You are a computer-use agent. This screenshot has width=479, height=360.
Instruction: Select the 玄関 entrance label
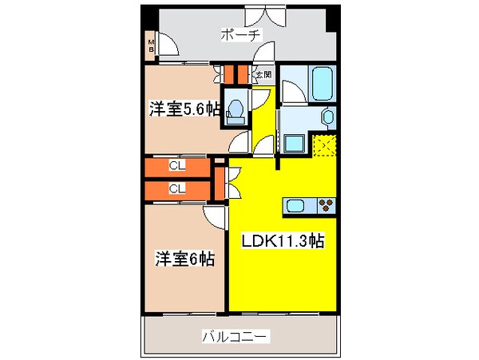point(263,75)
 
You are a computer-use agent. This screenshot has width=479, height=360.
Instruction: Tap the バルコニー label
point(235,336)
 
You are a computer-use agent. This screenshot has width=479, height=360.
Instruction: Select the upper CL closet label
point(177,167)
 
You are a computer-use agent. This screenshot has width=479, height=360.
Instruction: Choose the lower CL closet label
point(177,189)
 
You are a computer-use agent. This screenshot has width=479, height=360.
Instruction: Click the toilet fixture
point(236,112)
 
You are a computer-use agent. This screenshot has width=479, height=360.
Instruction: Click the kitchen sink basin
point(295,205)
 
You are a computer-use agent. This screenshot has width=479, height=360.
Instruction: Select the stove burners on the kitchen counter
point(327,205)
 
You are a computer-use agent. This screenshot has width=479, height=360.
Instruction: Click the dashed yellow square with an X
point(325,146)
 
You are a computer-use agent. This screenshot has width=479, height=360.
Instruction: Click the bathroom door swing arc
point(290,92)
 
